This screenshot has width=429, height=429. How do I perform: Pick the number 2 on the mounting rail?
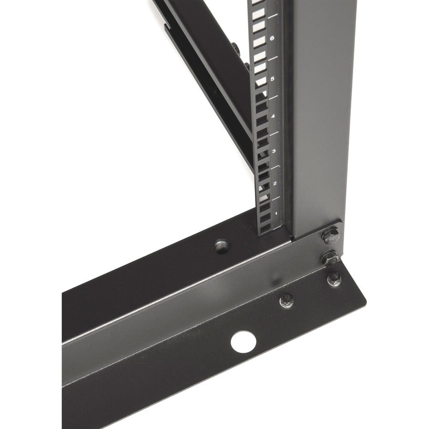pyautogui.click(x=274, y=184)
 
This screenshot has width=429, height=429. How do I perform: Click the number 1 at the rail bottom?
pyautogui.click(x=275, y=213)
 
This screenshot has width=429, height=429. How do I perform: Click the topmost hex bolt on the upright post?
pyautogui.click(x=330, y=236)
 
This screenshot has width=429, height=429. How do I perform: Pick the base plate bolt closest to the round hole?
pyautogui.click(x=286, y=300)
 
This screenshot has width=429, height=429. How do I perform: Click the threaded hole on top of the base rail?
pyautogui.click(x=221, y=246)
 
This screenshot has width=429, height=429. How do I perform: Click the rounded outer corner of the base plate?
pyautogui.click(x=365, y=305)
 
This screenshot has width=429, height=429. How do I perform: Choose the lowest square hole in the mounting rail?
pyautogui.click(x=265, y=229)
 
